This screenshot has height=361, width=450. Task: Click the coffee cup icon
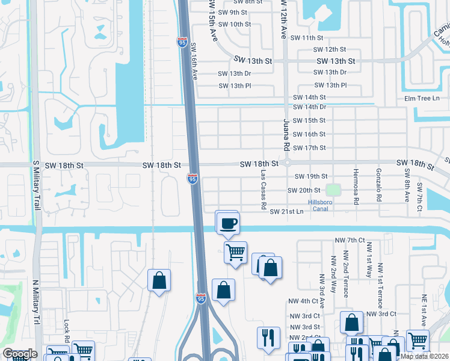point(227,224)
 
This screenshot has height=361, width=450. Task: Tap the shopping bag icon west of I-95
point(159,281)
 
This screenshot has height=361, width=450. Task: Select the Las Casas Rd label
point(264,189)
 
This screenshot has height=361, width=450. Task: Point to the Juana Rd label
point(286,134)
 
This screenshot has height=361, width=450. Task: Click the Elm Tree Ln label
point(422,98)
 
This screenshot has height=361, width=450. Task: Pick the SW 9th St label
point(233,12)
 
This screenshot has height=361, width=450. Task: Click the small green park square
point(333,190)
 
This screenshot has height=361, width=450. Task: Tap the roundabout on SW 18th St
point(288,163)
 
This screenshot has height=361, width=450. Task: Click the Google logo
point(20,354)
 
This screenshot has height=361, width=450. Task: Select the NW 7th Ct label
point(350,240)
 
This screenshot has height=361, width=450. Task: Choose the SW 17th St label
point(309,148)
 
